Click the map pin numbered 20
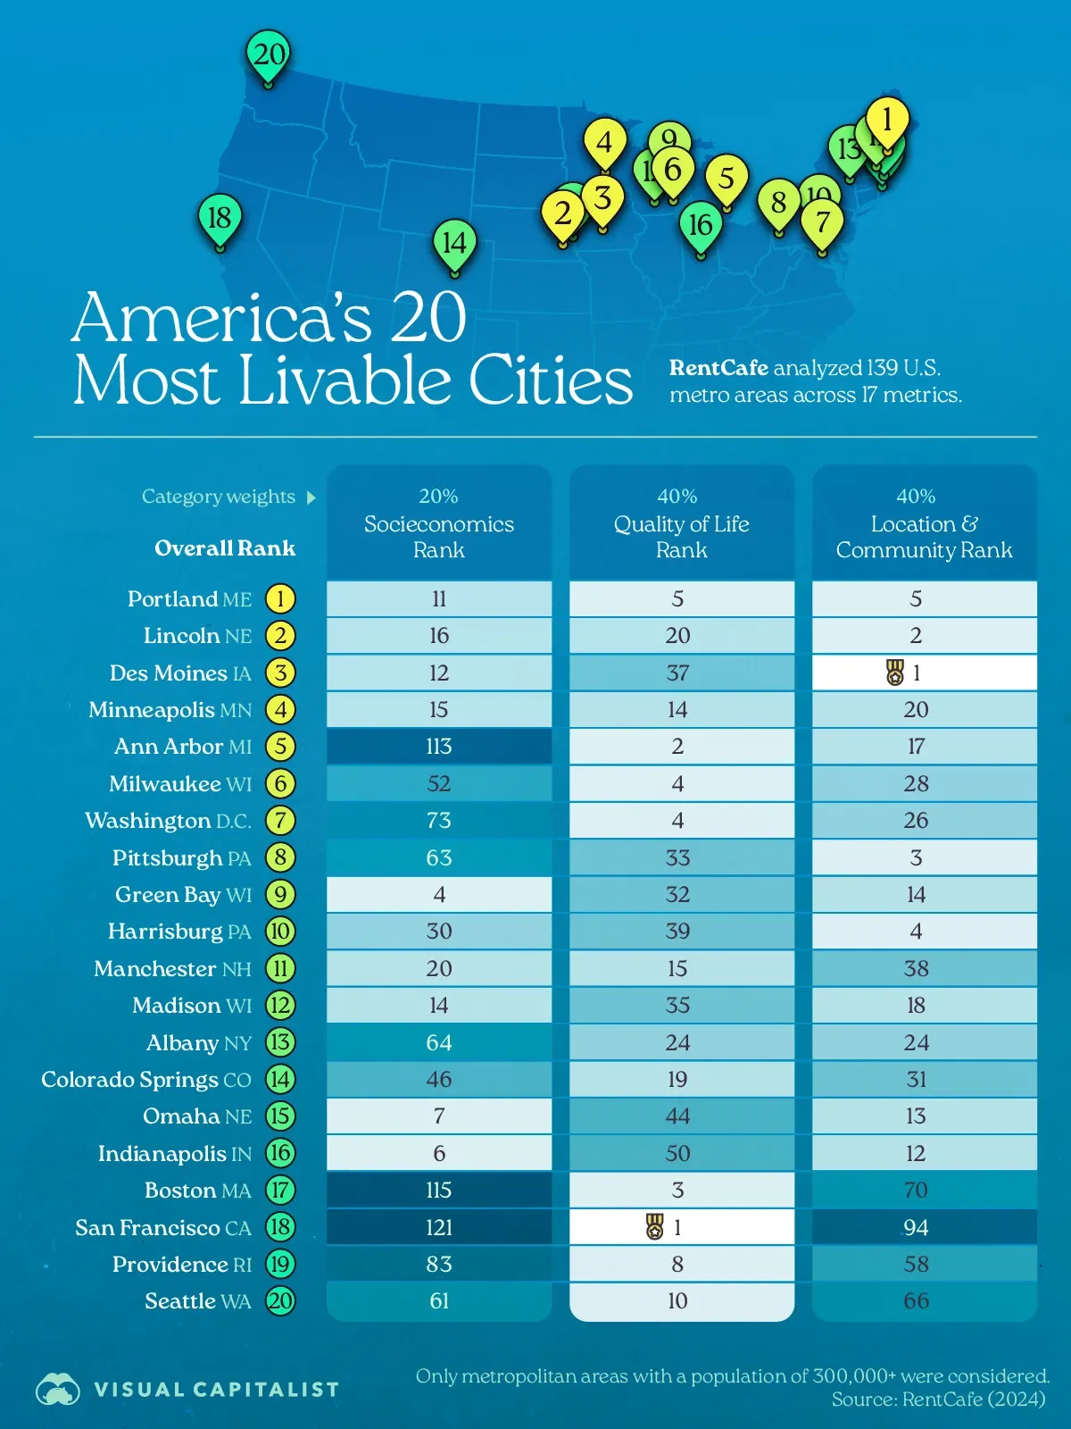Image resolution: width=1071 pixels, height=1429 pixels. (268, 55)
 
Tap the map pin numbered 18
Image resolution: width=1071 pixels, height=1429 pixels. (219, 218)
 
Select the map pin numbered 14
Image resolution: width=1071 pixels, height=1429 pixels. (454, 243)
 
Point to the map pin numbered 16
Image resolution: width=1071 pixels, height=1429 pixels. (701, 225)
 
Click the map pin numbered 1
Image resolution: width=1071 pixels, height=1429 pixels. (886, 120)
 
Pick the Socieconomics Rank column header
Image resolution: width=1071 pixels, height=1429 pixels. (439, 524)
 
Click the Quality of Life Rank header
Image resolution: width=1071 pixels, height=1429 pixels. (681, 524)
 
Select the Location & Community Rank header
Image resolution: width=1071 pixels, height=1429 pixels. (924, 524)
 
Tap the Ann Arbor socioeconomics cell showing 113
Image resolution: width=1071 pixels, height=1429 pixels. (439, 747)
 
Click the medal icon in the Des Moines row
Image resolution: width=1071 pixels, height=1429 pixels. (895, 673)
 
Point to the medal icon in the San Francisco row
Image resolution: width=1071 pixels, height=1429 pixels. (655, 1227)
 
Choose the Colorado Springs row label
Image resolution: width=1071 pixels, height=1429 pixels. (146, 1080)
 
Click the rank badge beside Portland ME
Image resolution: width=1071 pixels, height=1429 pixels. (280, 598)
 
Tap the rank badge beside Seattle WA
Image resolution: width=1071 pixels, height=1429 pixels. (280, 1301)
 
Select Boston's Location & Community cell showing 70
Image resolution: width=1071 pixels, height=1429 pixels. (916, 1191)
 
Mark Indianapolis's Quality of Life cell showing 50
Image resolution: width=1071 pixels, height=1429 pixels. (677, 1154)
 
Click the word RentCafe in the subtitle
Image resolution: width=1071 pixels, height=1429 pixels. (718, 368)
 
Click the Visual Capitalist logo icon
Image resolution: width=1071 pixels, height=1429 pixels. (58, 1389)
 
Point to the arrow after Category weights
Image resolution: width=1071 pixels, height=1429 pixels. (311, 497)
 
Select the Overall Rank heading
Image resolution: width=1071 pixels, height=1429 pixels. (225, 548)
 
